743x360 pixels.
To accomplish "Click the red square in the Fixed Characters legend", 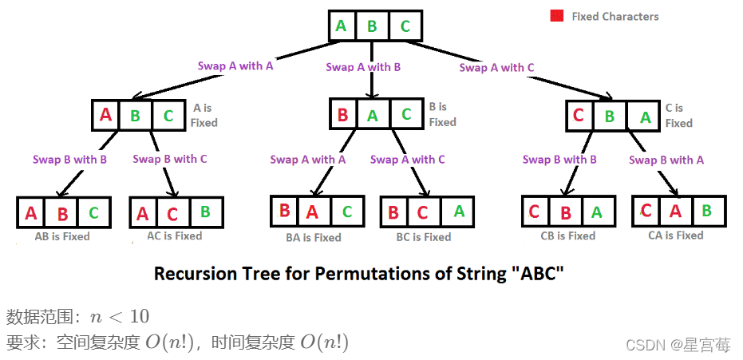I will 556,16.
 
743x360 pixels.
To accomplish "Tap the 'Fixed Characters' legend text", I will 615,16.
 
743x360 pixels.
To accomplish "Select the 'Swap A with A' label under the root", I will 235,66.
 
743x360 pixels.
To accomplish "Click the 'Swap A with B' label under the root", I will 363,67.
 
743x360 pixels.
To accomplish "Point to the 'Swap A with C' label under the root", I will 497,68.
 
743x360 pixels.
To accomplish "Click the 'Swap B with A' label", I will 666,160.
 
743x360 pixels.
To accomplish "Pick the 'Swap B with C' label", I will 170,159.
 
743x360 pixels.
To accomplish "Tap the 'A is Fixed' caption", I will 204,115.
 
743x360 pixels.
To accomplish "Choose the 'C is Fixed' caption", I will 678,115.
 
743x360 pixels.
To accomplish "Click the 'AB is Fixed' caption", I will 62,236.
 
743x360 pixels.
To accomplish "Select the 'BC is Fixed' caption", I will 423,237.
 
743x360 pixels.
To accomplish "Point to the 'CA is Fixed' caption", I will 675,235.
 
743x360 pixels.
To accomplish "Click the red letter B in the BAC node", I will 342,115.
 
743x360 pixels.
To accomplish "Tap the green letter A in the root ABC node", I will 342,26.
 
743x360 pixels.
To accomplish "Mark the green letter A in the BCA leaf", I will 458,212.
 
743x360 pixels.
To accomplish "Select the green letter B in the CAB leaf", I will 706,212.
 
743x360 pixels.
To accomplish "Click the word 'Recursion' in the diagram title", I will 191,275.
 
